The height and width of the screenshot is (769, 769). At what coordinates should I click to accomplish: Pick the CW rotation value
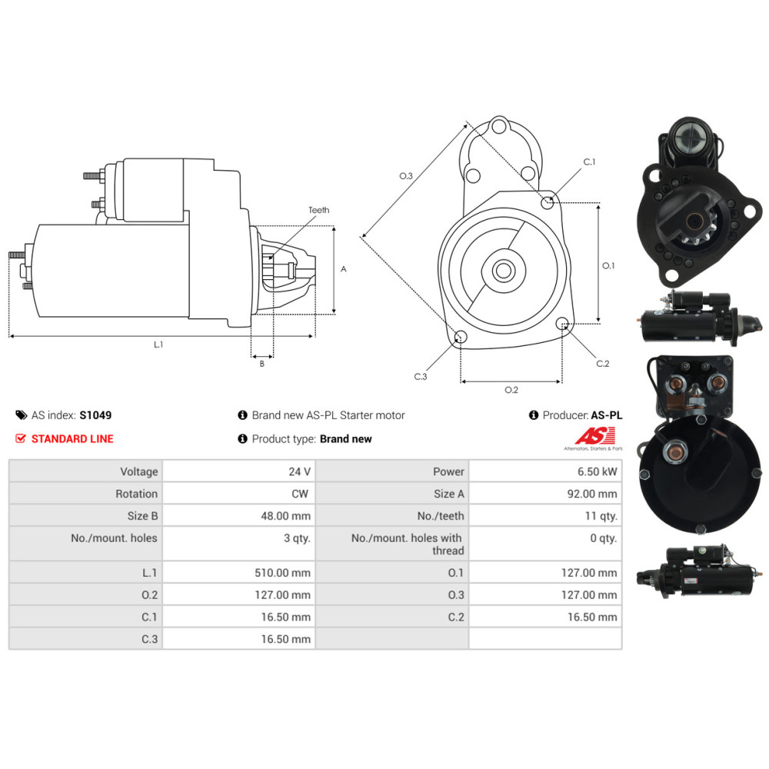(300, 494)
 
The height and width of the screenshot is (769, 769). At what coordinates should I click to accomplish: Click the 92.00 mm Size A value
(591, 494)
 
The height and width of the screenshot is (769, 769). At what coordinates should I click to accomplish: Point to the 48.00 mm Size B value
(285, 516)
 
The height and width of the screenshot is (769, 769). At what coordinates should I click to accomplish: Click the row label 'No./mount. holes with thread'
(407, 544)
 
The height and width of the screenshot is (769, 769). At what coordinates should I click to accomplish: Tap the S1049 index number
(95, 415)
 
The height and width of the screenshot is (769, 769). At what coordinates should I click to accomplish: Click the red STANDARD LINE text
(72, 439)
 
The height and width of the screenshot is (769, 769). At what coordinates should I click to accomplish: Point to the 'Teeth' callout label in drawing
(318, 210)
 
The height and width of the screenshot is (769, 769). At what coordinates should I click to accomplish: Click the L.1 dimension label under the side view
(158, 345)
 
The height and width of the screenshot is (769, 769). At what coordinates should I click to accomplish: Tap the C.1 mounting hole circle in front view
(548, 203)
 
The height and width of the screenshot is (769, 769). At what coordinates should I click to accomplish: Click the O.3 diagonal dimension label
(406, 176)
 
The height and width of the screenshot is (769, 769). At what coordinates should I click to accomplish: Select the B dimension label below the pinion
(261, 364)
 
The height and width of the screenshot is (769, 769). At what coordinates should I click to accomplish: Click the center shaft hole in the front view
(504, 271)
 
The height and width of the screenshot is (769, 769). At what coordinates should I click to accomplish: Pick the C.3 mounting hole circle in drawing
(461, 336)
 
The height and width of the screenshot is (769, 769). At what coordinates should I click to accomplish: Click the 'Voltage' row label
(138, 471)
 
